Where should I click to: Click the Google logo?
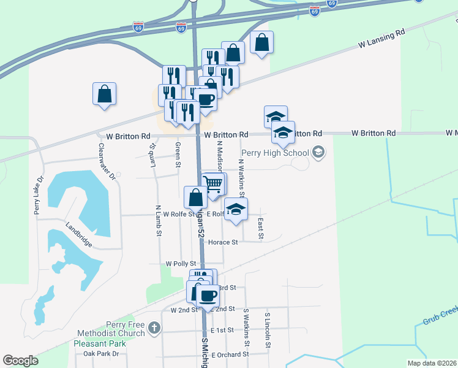coord(20,361)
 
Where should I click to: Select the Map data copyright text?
coord(432,363)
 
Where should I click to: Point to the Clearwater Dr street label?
coord(106,161)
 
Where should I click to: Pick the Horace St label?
coord(223,242)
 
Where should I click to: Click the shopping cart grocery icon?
coord(212,184)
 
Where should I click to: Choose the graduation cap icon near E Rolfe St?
coord(236,209)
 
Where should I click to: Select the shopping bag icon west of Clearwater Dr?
coord(105,94)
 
